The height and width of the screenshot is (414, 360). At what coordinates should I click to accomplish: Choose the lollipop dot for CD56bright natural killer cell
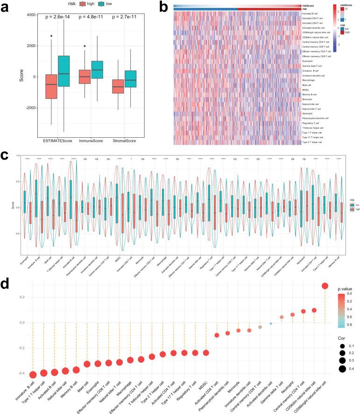pos(325,286)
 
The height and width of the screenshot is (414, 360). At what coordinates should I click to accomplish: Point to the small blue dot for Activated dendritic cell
pos(271,323)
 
